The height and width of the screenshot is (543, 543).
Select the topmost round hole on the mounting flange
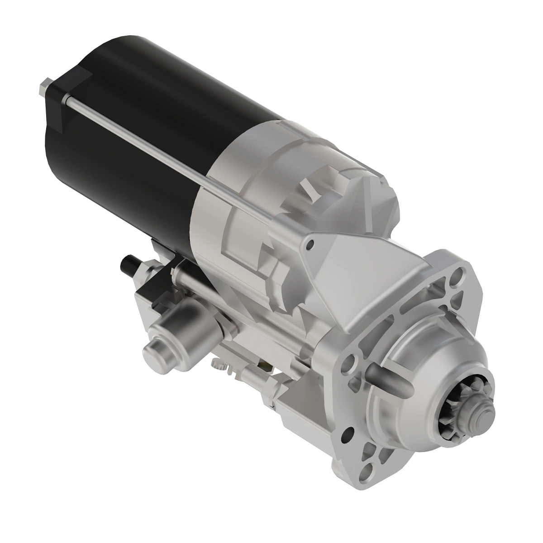[x=458, y=275]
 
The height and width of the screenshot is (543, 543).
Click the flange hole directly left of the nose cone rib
[x=349, y=362]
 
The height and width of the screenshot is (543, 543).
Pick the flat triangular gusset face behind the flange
[x=357, y=290]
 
